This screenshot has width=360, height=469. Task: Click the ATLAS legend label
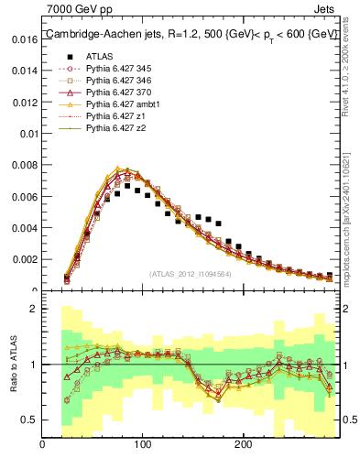100,57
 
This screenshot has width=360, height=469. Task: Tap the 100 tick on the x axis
143,445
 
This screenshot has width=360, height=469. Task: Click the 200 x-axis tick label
243,445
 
